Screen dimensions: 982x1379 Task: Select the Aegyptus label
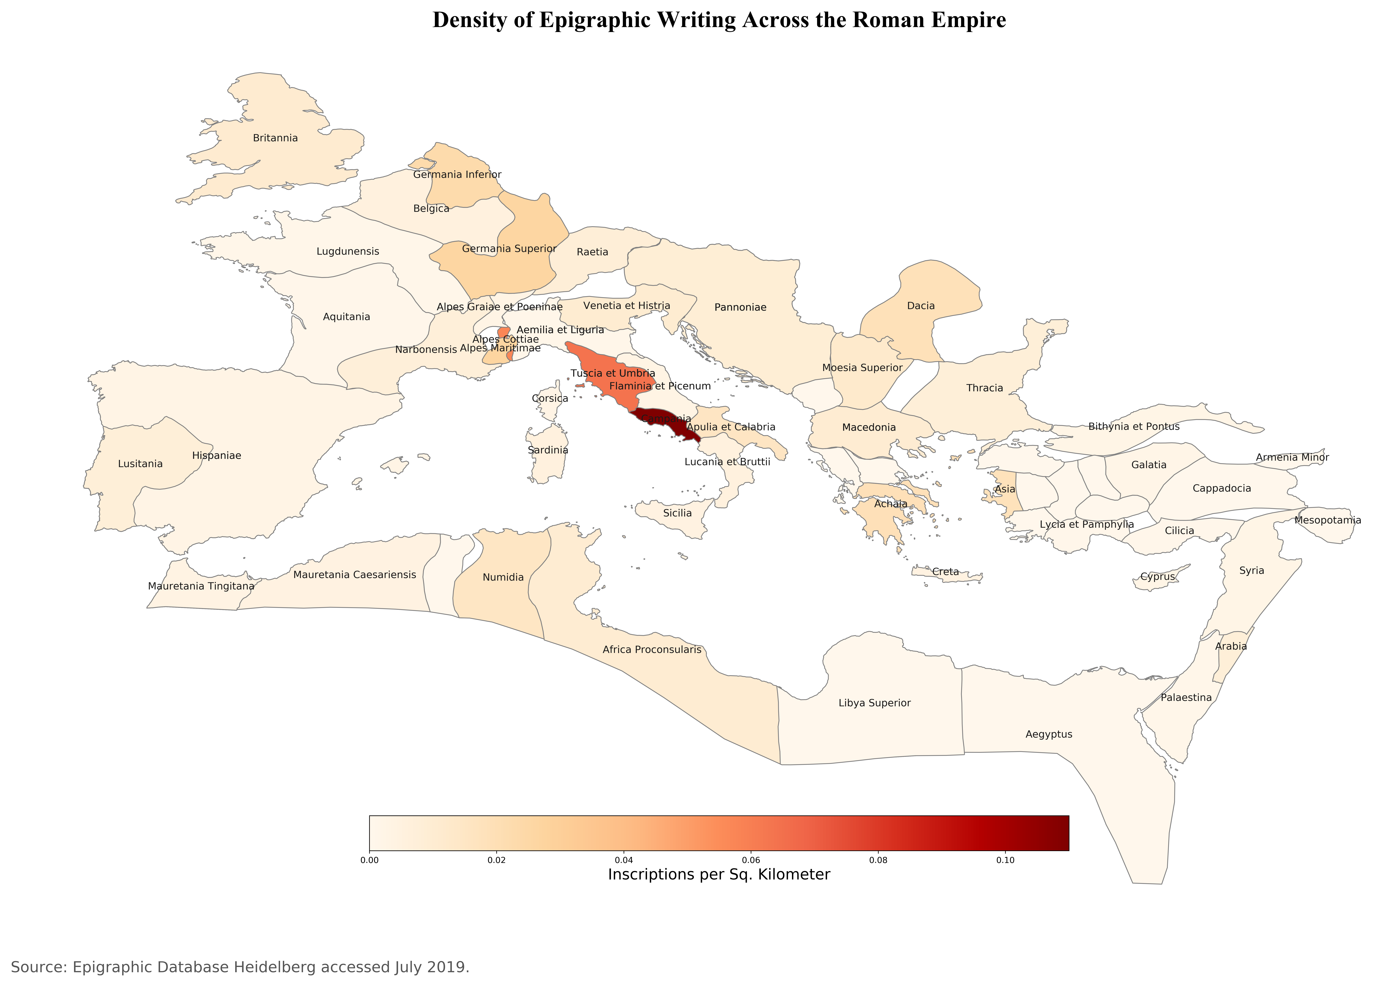pyautogui.click(x=1049, y=734)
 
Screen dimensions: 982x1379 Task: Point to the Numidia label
pyautogui.click(x=503, y=577)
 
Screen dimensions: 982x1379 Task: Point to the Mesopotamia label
pyautogui.click(x=1328, y=520)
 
